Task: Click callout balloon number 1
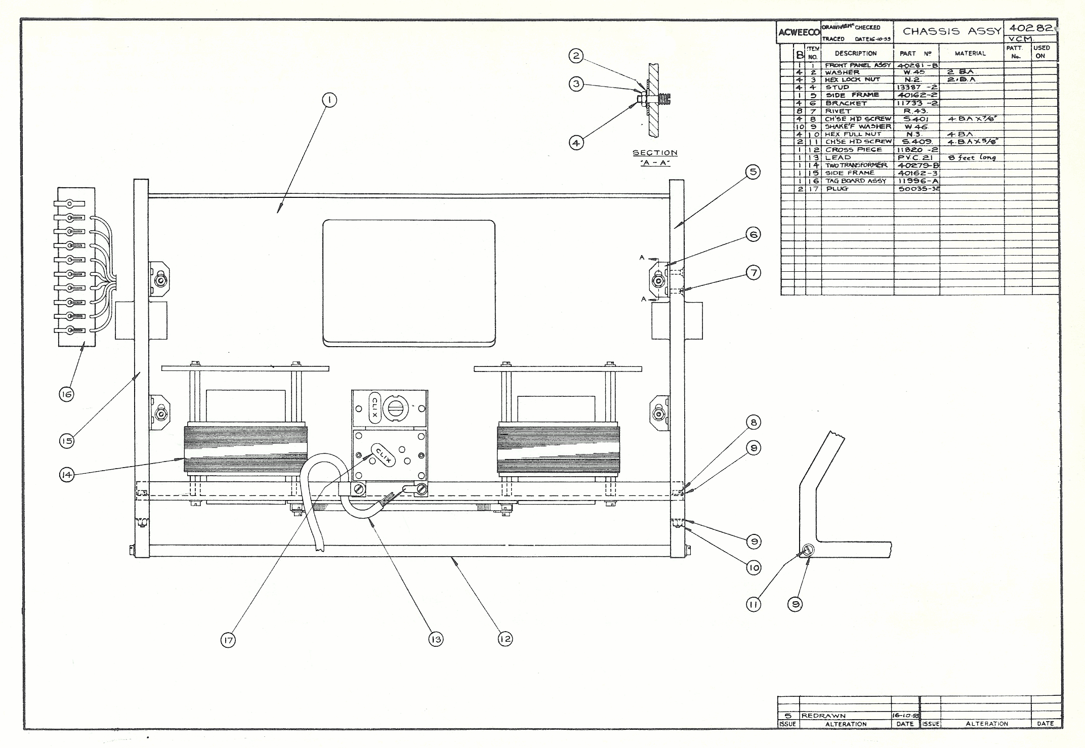(x=329, y=100)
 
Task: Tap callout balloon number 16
(x=66, y=394)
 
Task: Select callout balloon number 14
(x=66, y=475)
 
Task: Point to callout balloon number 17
(x=228, y=641)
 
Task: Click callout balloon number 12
(x=505, y=639)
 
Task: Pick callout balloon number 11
(x=754, y=604)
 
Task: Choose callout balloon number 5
(x=754, y=172)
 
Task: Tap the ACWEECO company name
(x=799, y=33)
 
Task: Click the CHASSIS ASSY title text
(x=951, y=31)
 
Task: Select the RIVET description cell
(x=839, y=111)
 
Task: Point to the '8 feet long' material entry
(x=972, y=157)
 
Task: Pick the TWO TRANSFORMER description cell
(x=856, y=165)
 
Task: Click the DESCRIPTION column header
(x=856, y=53)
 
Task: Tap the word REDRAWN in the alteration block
(x=823, y=716)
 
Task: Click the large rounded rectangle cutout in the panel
(x=409, y=282)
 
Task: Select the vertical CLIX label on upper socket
(x=374, y=407)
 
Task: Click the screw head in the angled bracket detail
(x=808, y=550)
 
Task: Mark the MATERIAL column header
(x=970, y=53)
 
